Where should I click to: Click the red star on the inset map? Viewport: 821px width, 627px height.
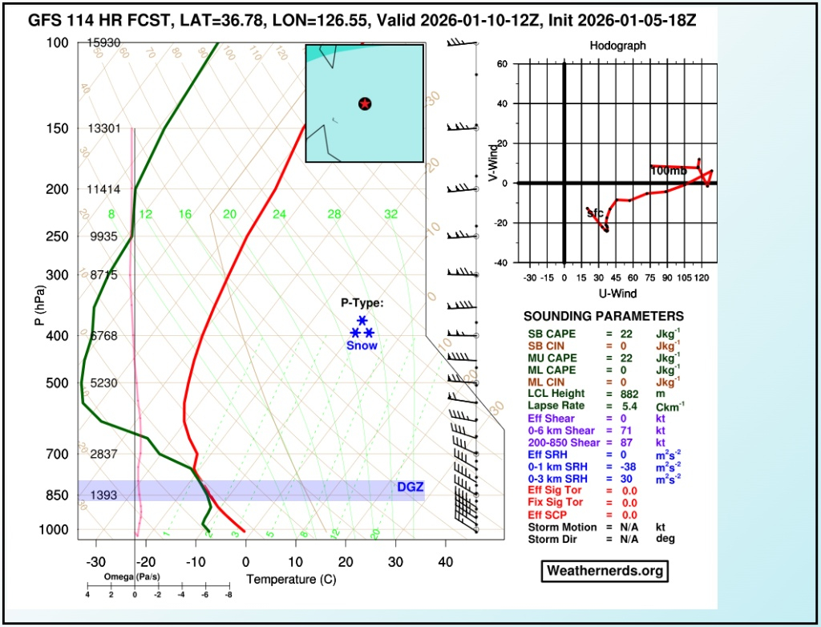(x=365, y=103)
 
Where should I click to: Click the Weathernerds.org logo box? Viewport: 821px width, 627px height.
(x=605, y=571)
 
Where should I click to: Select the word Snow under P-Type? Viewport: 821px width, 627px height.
(x=362, y=346)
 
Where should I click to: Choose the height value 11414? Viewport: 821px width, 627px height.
(x=103, y=189)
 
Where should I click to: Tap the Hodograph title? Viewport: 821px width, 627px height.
(x=617, y=47)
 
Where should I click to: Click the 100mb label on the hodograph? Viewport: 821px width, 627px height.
(x=669, y=171)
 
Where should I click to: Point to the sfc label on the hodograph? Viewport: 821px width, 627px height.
(x=594, y=213)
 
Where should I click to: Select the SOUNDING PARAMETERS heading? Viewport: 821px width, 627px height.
(x=604, y=317)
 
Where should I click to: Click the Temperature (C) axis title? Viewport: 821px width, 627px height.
(x=291, y=579)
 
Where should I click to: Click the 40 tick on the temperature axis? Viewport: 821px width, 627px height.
(x=445, y=562)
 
